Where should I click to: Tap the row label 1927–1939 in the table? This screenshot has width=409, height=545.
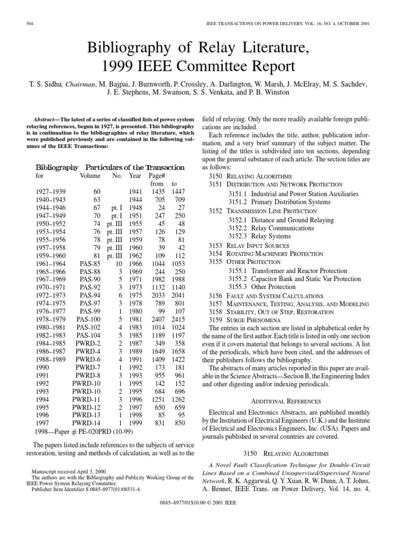pos(52,191)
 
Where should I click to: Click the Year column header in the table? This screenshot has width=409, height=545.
pos(135,175)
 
